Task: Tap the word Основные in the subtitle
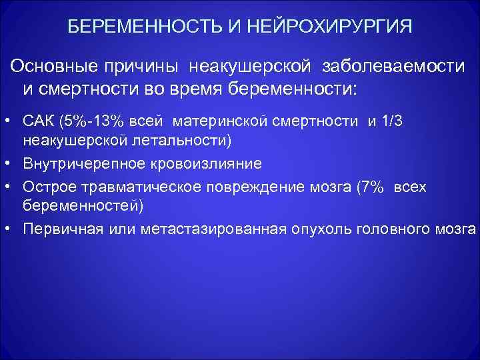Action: pyautogui.click(x=53, y=66)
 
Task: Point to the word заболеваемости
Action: pyautogui.click(x=393, y=66)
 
